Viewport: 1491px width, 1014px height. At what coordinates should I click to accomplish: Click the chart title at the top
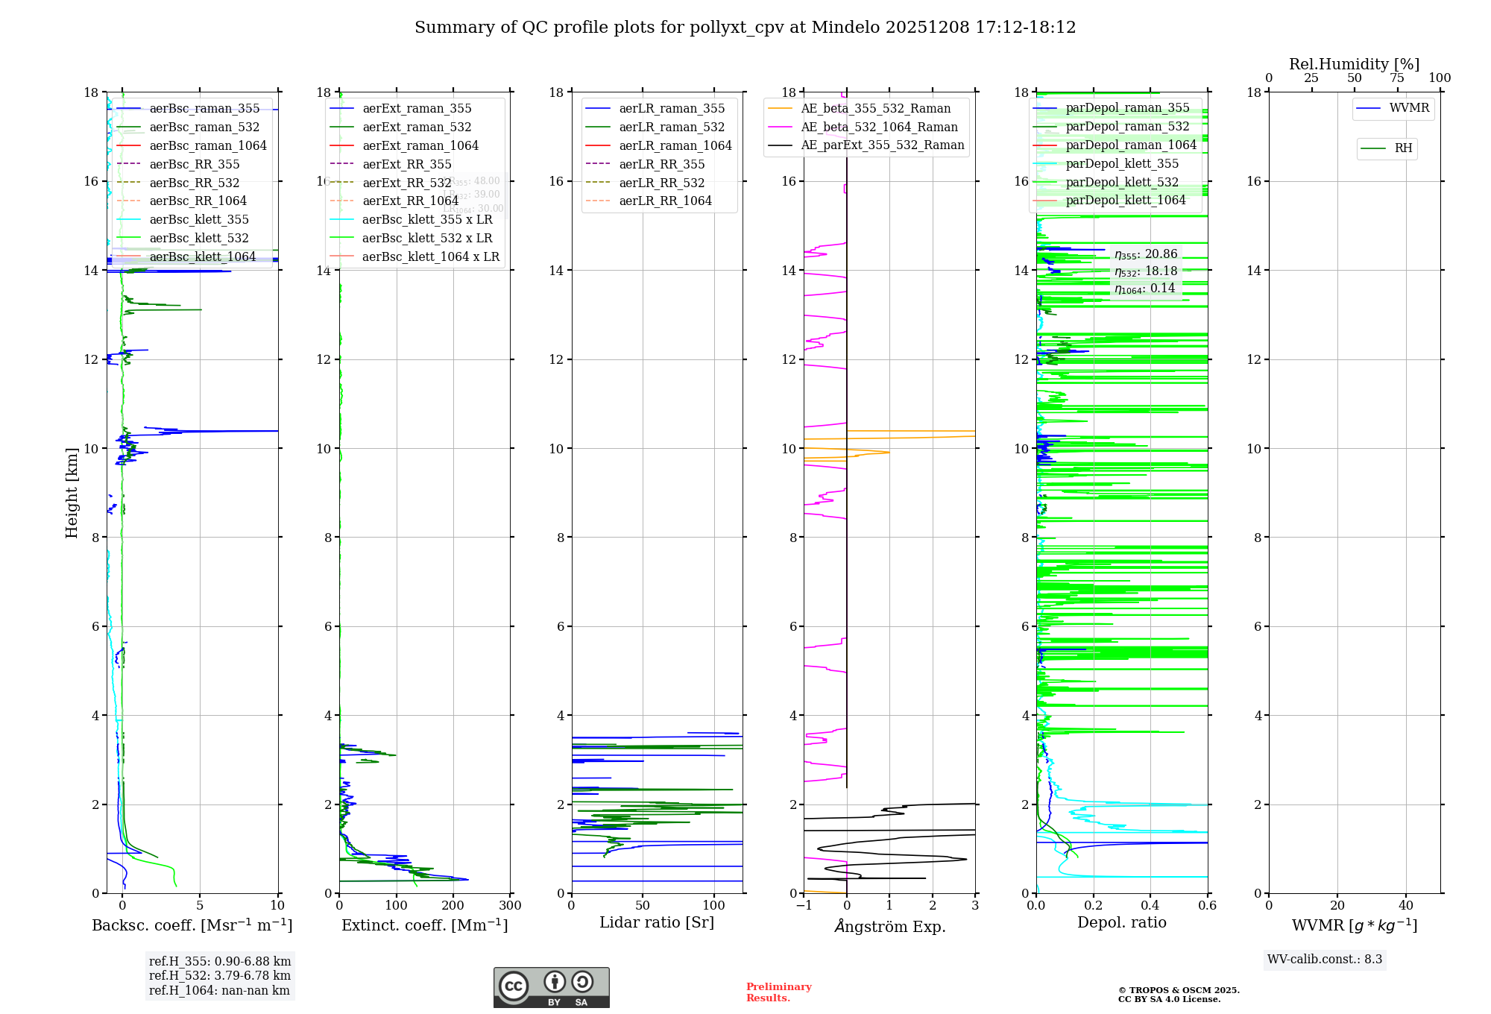tap(745, 28)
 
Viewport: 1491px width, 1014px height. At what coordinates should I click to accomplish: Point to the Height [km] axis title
tap(72, 492)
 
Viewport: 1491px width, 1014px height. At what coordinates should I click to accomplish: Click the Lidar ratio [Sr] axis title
tap(657, 923)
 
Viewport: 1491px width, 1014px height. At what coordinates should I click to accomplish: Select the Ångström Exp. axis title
tap(889, 927)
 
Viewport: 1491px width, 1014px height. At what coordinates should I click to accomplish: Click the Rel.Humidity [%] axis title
tap(1354, 64)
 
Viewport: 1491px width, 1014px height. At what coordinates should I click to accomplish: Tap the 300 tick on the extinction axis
tap(511, 906)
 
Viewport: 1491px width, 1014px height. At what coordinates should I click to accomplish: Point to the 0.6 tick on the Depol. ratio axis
tap(1207, 906)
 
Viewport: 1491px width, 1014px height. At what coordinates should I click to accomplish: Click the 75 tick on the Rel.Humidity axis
tap(1397, 78)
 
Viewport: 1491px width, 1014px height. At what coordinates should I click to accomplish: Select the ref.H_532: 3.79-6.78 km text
tap(220, 976)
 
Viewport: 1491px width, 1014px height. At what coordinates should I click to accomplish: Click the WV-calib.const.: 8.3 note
tap(1325, 960)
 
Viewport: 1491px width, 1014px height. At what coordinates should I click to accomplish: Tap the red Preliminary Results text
tap(778, 992)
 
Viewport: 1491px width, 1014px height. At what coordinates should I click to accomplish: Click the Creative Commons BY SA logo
tap(551, 988)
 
